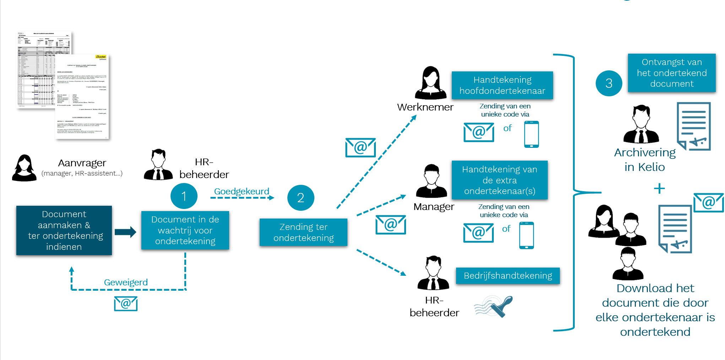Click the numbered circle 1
184,196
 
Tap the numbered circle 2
301,198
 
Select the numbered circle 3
609,83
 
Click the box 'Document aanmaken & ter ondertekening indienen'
64,230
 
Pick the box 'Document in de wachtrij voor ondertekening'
185,230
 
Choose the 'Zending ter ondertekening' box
303,232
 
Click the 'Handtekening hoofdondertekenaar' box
502,85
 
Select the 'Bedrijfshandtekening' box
508,276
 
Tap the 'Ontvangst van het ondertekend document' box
671,73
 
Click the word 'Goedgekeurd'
242,192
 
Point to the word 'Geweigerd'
126,282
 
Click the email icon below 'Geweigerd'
126,304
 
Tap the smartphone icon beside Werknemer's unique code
531,134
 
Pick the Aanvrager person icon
24,168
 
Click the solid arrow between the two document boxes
125,232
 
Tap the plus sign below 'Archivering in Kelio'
659,188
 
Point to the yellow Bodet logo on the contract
101,57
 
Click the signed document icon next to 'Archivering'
694,126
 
